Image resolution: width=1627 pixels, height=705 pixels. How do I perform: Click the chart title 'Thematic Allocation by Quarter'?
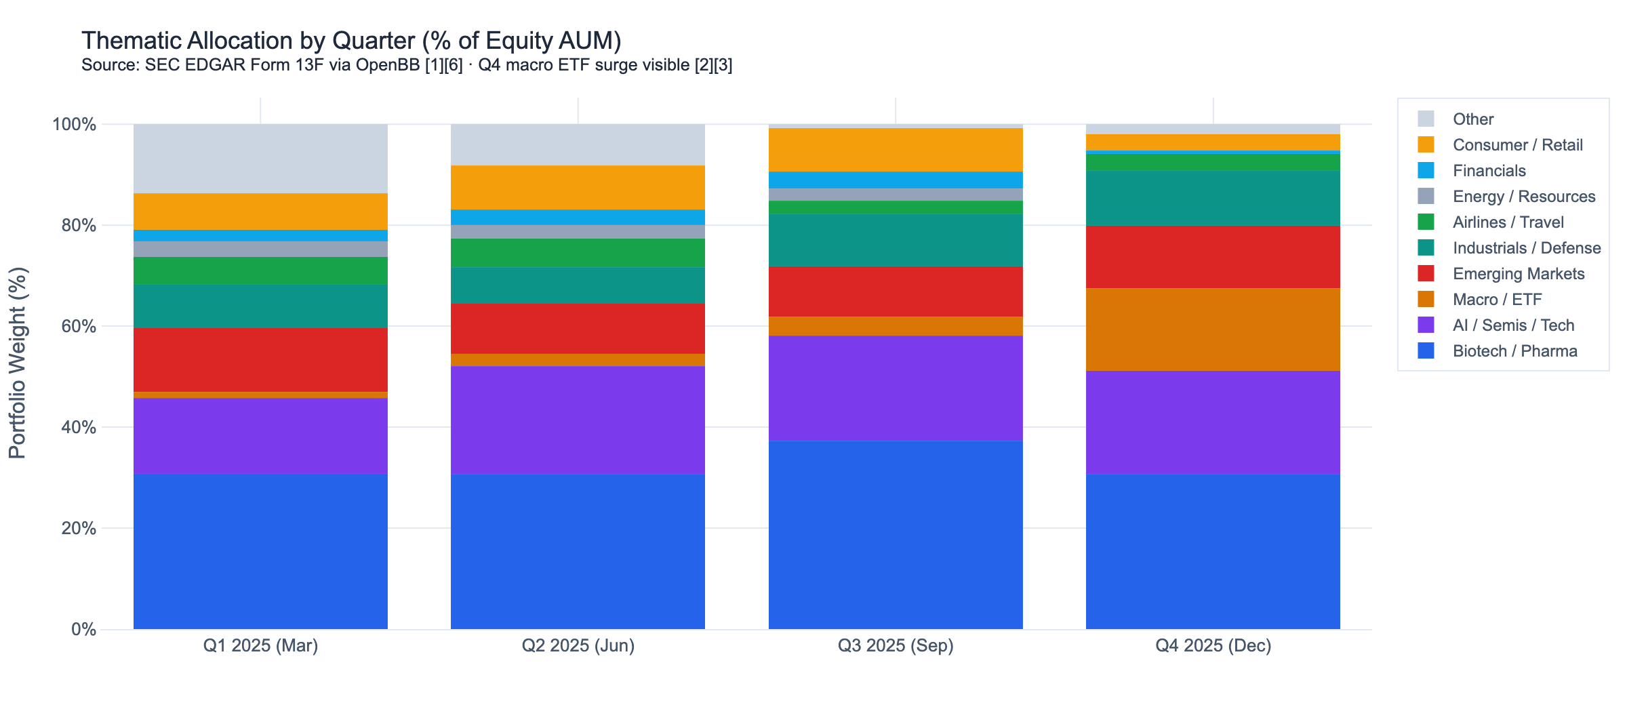coord(351,41)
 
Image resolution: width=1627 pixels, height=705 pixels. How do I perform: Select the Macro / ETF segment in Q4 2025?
coord(1213,329)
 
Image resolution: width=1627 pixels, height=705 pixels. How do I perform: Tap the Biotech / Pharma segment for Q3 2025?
coord(896,535)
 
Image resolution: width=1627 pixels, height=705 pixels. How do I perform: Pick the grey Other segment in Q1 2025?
coord(260,159)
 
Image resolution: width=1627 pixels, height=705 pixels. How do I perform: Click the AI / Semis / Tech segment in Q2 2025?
coord(578,420)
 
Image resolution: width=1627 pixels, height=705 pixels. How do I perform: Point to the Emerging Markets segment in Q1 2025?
coord(260,359)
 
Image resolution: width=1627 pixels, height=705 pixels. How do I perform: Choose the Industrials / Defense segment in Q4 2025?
coord(1213,198)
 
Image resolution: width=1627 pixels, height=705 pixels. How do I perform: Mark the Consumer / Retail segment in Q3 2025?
coord(896,150)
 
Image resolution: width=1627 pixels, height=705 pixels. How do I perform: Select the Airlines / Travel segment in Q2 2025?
coord(578,253)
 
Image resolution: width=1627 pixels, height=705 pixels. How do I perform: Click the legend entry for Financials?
coord(1489,171)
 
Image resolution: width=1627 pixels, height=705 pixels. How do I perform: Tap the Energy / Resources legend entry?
coord(1523,197)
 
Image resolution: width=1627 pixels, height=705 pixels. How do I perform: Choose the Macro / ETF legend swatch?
coord(1426,300)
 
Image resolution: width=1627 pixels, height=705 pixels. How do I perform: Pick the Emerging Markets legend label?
coord(1519,274)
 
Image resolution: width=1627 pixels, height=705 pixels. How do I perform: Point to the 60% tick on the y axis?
coord(79,327)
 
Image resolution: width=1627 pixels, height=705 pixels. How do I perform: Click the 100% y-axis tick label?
coord(75,125)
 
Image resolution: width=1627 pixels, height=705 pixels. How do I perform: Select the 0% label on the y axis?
coord(83,630)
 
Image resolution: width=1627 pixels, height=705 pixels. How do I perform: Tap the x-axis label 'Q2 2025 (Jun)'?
coord(578,645)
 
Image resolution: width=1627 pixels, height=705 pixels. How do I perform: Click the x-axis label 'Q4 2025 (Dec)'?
coord(1213,645)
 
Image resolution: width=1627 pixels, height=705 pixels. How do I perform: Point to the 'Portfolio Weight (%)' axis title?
coord(18,363)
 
